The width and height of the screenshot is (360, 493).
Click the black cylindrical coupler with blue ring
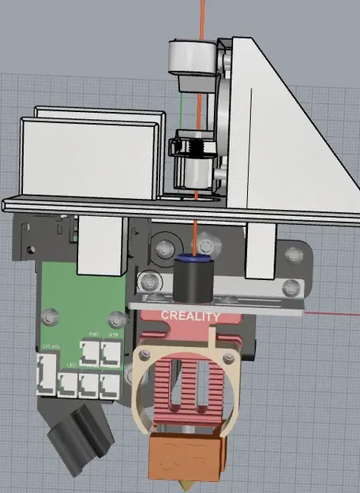(190, 280)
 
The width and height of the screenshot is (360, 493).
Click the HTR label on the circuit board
(114, 334)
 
